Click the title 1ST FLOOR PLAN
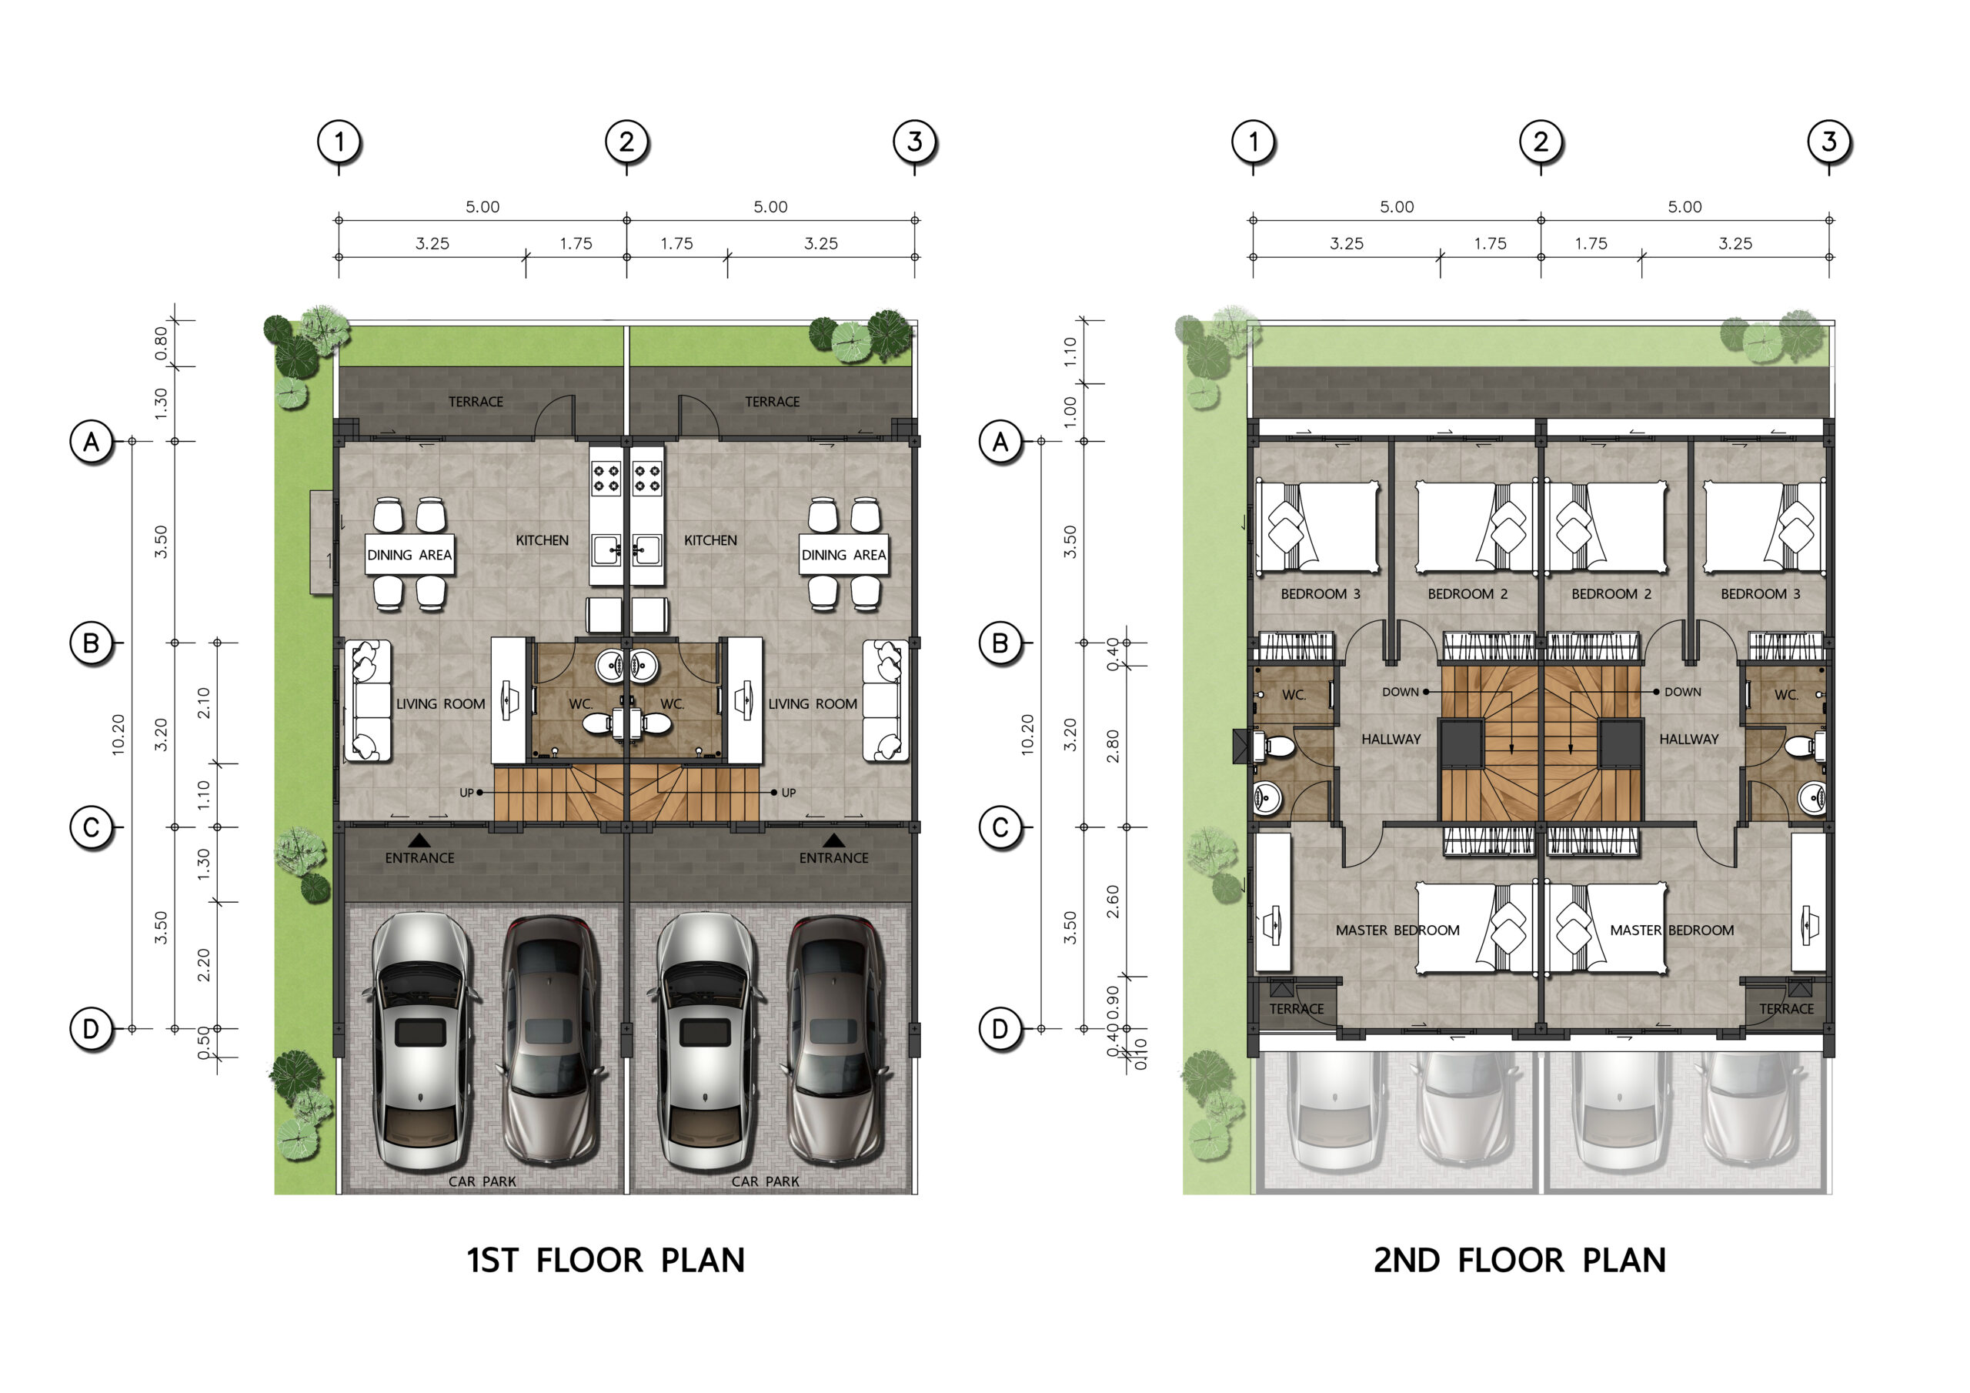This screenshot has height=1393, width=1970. (606, 1260)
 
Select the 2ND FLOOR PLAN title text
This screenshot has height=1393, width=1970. (1520, 1260)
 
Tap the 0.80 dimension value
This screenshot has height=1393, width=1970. (162, 342)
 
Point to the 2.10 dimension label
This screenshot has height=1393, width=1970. (203, 703)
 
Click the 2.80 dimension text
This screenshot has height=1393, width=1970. (1113, 746)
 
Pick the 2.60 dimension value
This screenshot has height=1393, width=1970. (1113, 901)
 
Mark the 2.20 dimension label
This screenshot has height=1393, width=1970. (203, 965)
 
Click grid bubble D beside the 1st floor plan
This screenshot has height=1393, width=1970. (91, 1028)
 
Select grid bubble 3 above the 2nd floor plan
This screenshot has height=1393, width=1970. (1828, 142)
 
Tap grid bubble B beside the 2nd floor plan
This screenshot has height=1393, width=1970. (1000, 643)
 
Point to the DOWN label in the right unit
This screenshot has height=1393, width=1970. (1682, 692)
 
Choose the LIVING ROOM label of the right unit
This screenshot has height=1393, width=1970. (813, 703)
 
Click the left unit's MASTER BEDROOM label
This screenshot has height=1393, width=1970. (1397, 930)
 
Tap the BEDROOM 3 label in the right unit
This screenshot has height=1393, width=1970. (1761, 594)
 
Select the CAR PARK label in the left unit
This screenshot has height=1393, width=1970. (482, 1181)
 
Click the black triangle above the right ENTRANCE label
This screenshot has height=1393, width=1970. (834, 840)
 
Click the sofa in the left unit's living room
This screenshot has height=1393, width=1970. (368, 701)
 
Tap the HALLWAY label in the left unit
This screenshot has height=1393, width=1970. (1391, 739)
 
